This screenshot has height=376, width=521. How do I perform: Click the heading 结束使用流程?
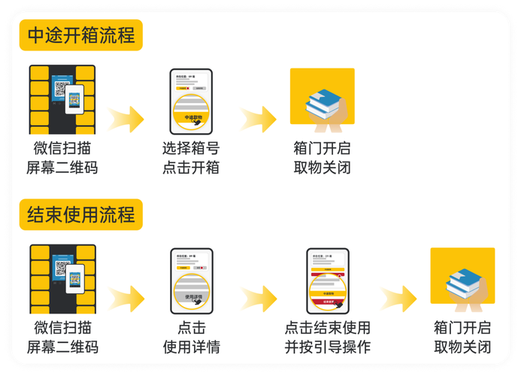(x=81, y=214)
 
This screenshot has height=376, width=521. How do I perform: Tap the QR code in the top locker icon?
(x=61, y=88)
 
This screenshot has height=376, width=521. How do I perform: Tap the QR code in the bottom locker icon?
(x=61, y=268)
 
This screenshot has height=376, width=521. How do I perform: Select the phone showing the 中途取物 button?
(x=191, y=101)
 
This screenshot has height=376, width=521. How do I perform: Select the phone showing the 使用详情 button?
(x=191, y=280)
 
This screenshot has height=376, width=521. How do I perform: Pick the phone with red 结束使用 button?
(x=328, y=280)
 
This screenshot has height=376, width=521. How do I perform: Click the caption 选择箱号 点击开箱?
(x=191, y=158)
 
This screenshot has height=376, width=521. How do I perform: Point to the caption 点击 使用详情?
(x=191, y=338)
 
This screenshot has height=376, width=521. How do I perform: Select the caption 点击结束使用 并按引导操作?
(x=328, y=338)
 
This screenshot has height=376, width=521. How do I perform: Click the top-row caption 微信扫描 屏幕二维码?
(x=62, y=158)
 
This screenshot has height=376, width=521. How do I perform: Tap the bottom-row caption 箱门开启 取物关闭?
(x=462, y=338)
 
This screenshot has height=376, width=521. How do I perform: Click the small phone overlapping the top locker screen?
(x=74, y=99)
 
